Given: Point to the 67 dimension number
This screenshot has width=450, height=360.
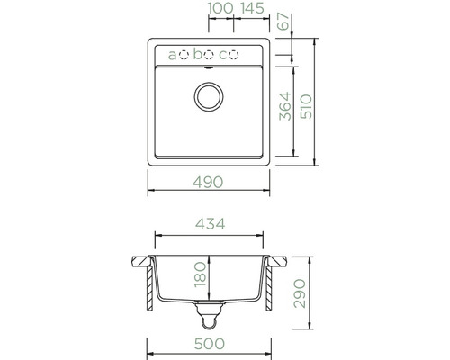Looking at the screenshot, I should point(284,22).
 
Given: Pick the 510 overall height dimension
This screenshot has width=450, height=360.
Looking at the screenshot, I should point(307,108).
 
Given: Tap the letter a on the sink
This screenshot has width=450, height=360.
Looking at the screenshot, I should point(172,55).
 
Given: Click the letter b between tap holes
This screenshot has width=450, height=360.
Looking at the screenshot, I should point(197,55).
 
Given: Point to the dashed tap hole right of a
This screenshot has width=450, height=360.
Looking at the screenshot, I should point(184,55).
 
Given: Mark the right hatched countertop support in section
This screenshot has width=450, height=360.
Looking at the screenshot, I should point(278,283).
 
